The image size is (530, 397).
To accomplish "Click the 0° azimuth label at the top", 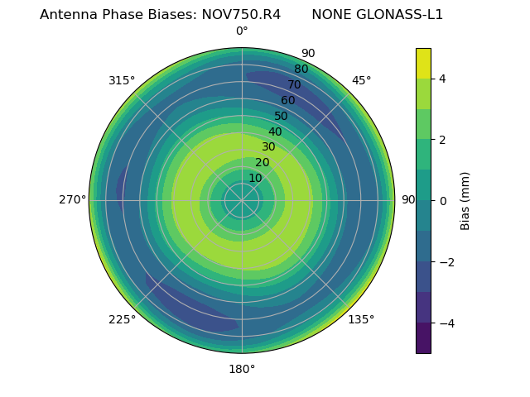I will [242, 31].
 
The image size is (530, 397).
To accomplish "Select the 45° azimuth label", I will [361, 80].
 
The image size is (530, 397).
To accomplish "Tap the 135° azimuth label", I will [361, 319].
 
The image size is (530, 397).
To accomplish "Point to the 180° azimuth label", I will [242, 369].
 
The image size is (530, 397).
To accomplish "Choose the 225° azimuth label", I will [122, 319].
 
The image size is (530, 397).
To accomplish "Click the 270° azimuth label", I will [73, 199].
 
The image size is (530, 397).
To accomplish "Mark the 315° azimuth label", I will [122, 80].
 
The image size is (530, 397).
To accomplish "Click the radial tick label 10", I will [255, 178].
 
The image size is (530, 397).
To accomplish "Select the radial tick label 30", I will [268, 146].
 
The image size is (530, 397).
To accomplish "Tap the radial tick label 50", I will [282, 116].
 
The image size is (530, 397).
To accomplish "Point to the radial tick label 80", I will [301, 69].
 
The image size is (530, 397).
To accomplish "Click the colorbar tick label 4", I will [443, 79].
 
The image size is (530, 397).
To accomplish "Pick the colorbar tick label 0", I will [443, 200].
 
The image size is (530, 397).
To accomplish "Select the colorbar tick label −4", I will [445, 323].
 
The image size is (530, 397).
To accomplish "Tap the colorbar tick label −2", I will [445, 261].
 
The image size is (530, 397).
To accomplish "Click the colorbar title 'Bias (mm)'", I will [465, 200].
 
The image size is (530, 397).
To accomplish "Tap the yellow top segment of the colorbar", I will [423, 63].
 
